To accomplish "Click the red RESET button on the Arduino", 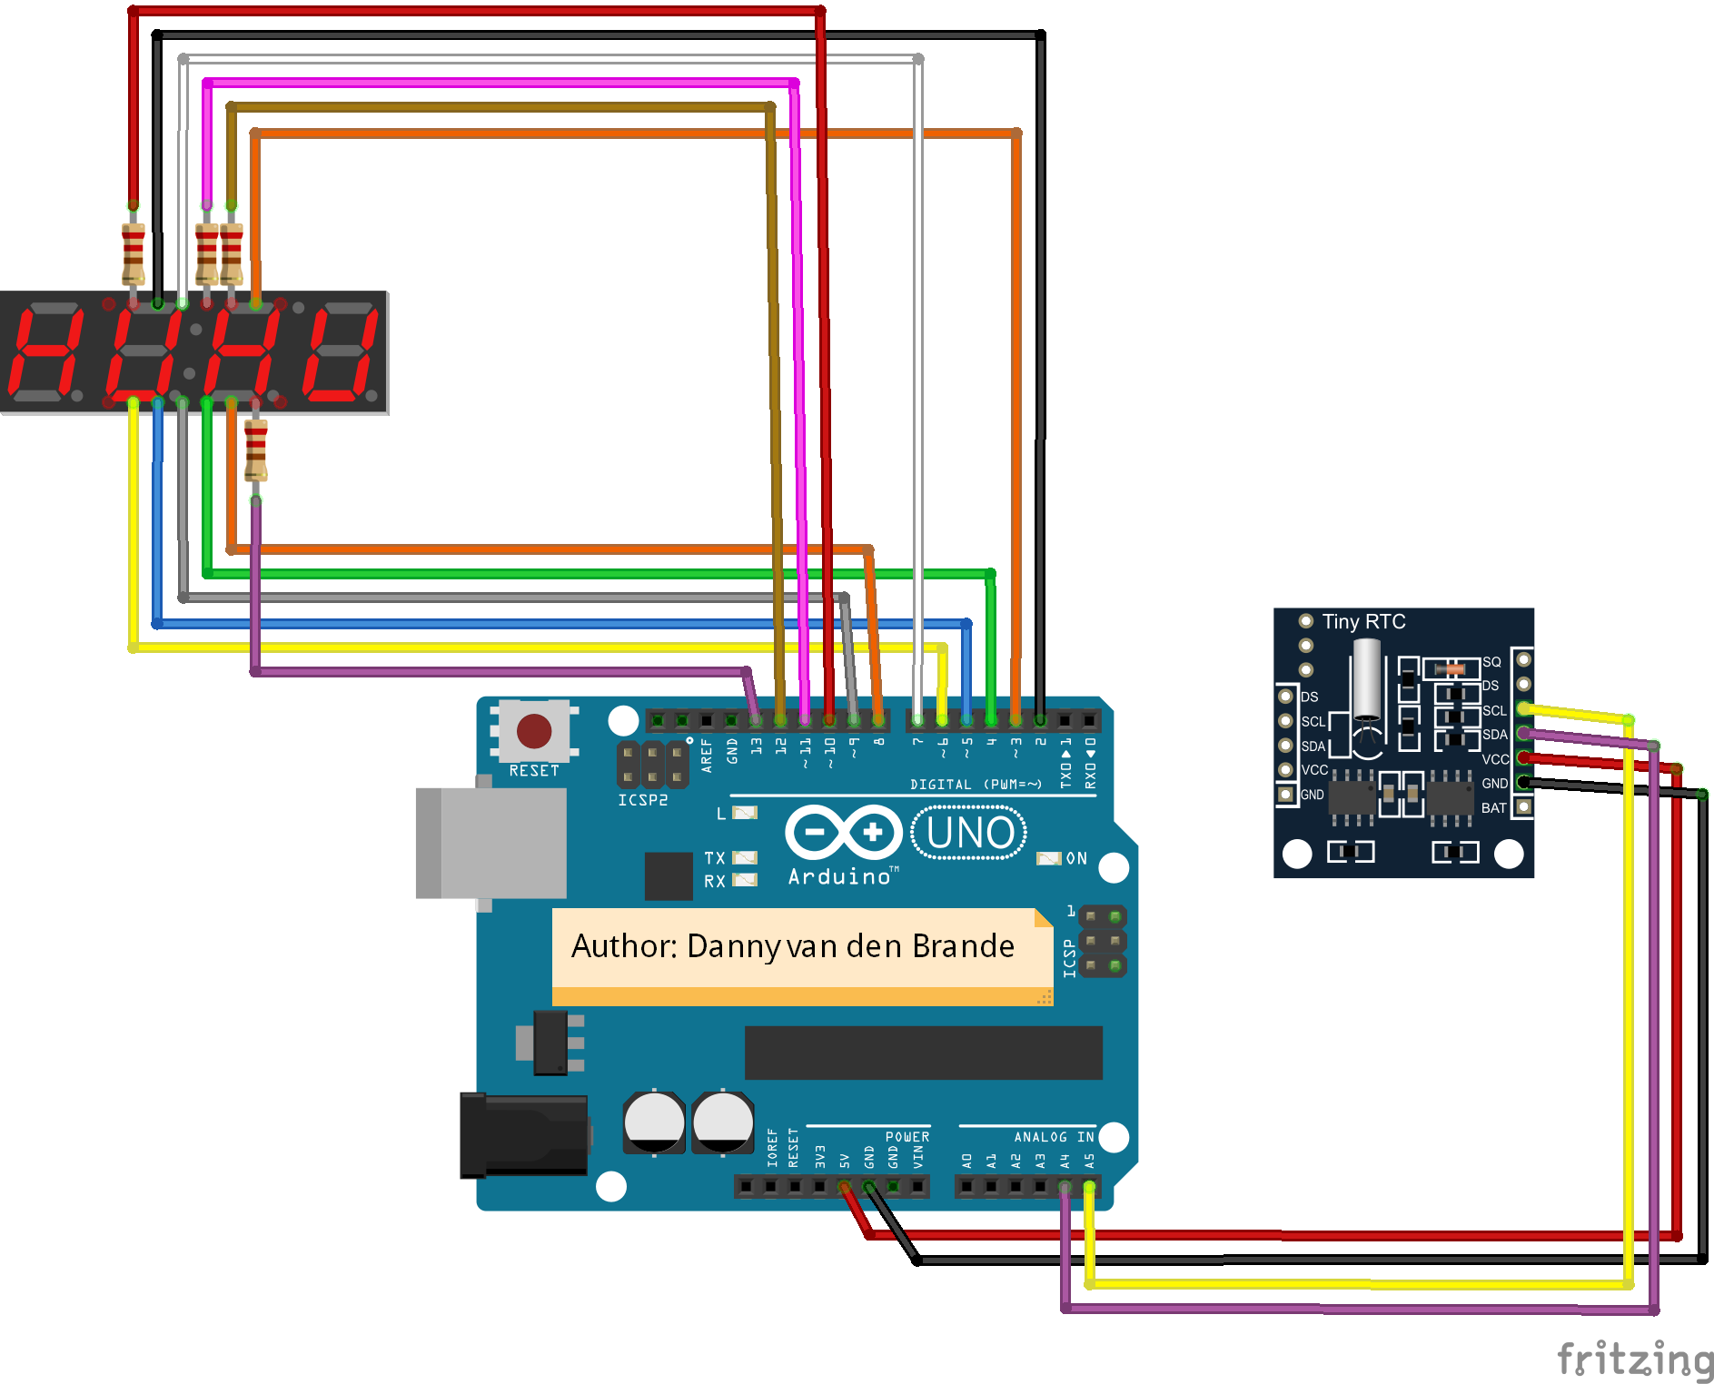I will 533,731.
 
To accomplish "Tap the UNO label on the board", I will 969,833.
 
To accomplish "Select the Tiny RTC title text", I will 1362,622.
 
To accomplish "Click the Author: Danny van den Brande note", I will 792,947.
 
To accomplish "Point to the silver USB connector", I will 491,844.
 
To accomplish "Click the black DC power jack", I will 522,1135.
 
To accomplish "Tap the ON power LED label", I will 1075,858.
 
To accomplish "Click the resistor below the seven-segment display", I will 256,450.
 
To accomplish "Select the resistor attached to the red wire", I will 134,253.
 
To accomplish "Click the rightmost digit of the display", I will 341,354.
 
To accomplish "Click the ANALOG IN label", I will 1053,1137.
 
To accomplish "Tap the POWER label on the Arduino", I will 907,1137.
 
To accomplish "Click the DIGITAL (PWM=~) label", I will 976,785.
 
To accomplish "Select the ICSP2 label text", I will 642,800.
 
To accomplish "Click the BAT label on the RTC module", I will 1493,807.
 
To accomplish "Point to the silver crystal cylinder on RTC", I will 1366,678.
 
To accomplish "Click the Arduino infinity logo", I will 843,832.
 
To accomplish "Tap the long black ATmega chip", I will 923,1053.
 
